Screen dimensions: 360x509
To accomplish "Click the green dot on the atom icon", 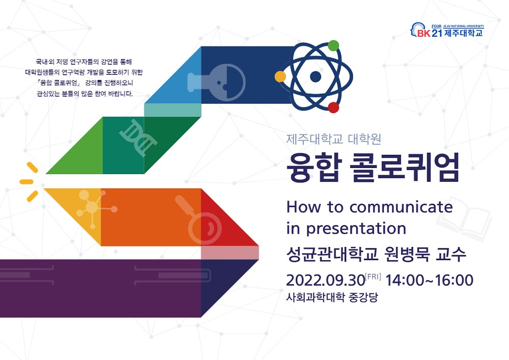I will click(333, 45).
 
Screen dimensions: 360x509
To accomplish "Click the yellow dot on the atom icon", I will click(280, 76).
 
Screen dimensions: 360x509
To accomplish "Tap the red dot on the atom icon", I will click(333, 107).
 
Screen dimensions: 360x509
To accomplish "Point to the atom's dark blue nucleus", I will click(316, 77).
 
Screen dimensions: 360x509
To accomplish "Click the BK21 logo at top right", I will click(447, 31).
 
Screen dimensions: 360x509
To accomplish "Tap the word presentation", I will click(356, 228).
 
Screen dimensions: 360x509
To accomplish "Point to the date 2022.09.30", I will click(325, 281).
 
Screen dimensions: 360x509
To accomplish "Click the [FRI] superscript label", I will click(373, 276).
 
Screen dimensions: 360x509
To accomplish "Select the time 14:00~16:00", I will click(430, 281).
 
